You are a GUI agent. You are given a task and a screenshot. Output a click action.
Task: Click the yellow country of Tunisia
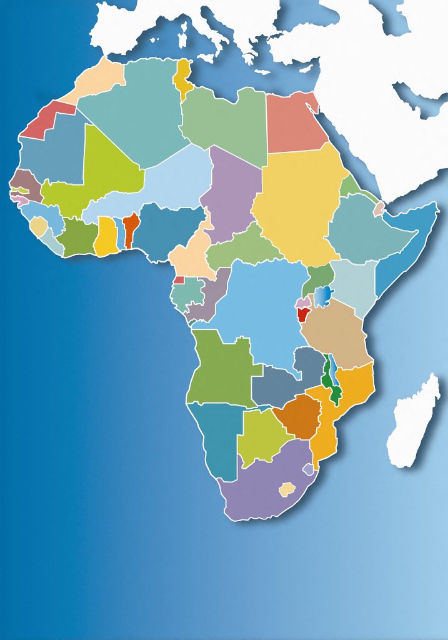coord(183,77)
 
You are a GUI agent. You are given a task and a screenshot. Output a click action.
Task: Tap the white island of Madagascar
coord(414,422)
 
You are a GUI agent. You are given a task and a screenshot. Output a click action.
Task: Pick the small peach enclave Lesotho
coord(286,489)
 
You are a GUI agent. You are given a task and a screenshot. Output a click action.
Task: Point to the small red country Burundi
coord(303,314)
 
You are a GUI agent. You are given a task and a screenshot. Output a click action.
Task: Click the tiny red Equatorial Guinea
coord(179,280)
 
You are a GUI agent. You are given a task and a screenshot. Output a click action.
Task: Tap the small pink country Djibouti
coord(379,209)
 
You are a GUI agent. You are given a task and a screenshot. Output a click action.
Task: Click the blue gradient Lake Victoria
coord(323,296)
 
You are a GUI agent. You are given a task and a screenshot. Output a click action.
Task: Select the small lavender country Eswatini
coord(308,468)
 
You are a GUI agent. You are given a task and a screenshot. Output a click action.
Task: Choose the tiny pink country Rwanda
coord(303,302)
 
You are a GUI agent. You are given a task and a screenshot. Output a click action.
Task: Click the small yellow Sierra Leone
coord(39,226)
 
